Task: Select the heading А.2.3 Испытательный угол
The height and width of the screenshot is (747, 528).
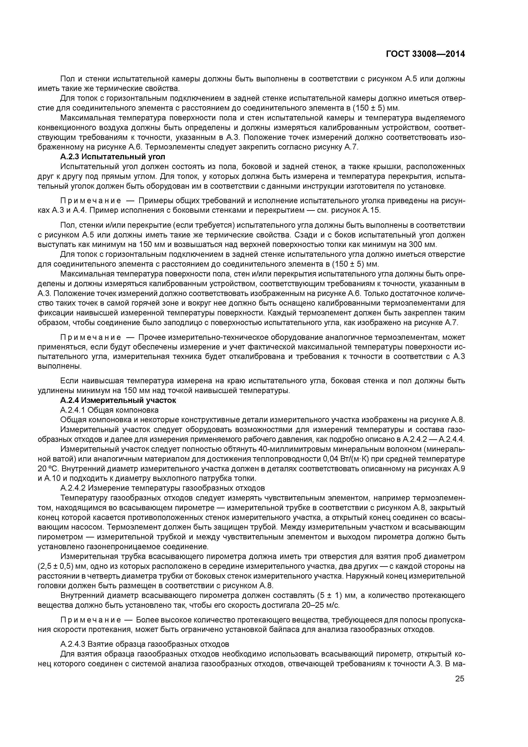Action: [113, 157]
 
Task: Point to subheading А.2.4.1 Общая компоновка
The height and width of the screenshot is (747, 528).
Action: [109, 410]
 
